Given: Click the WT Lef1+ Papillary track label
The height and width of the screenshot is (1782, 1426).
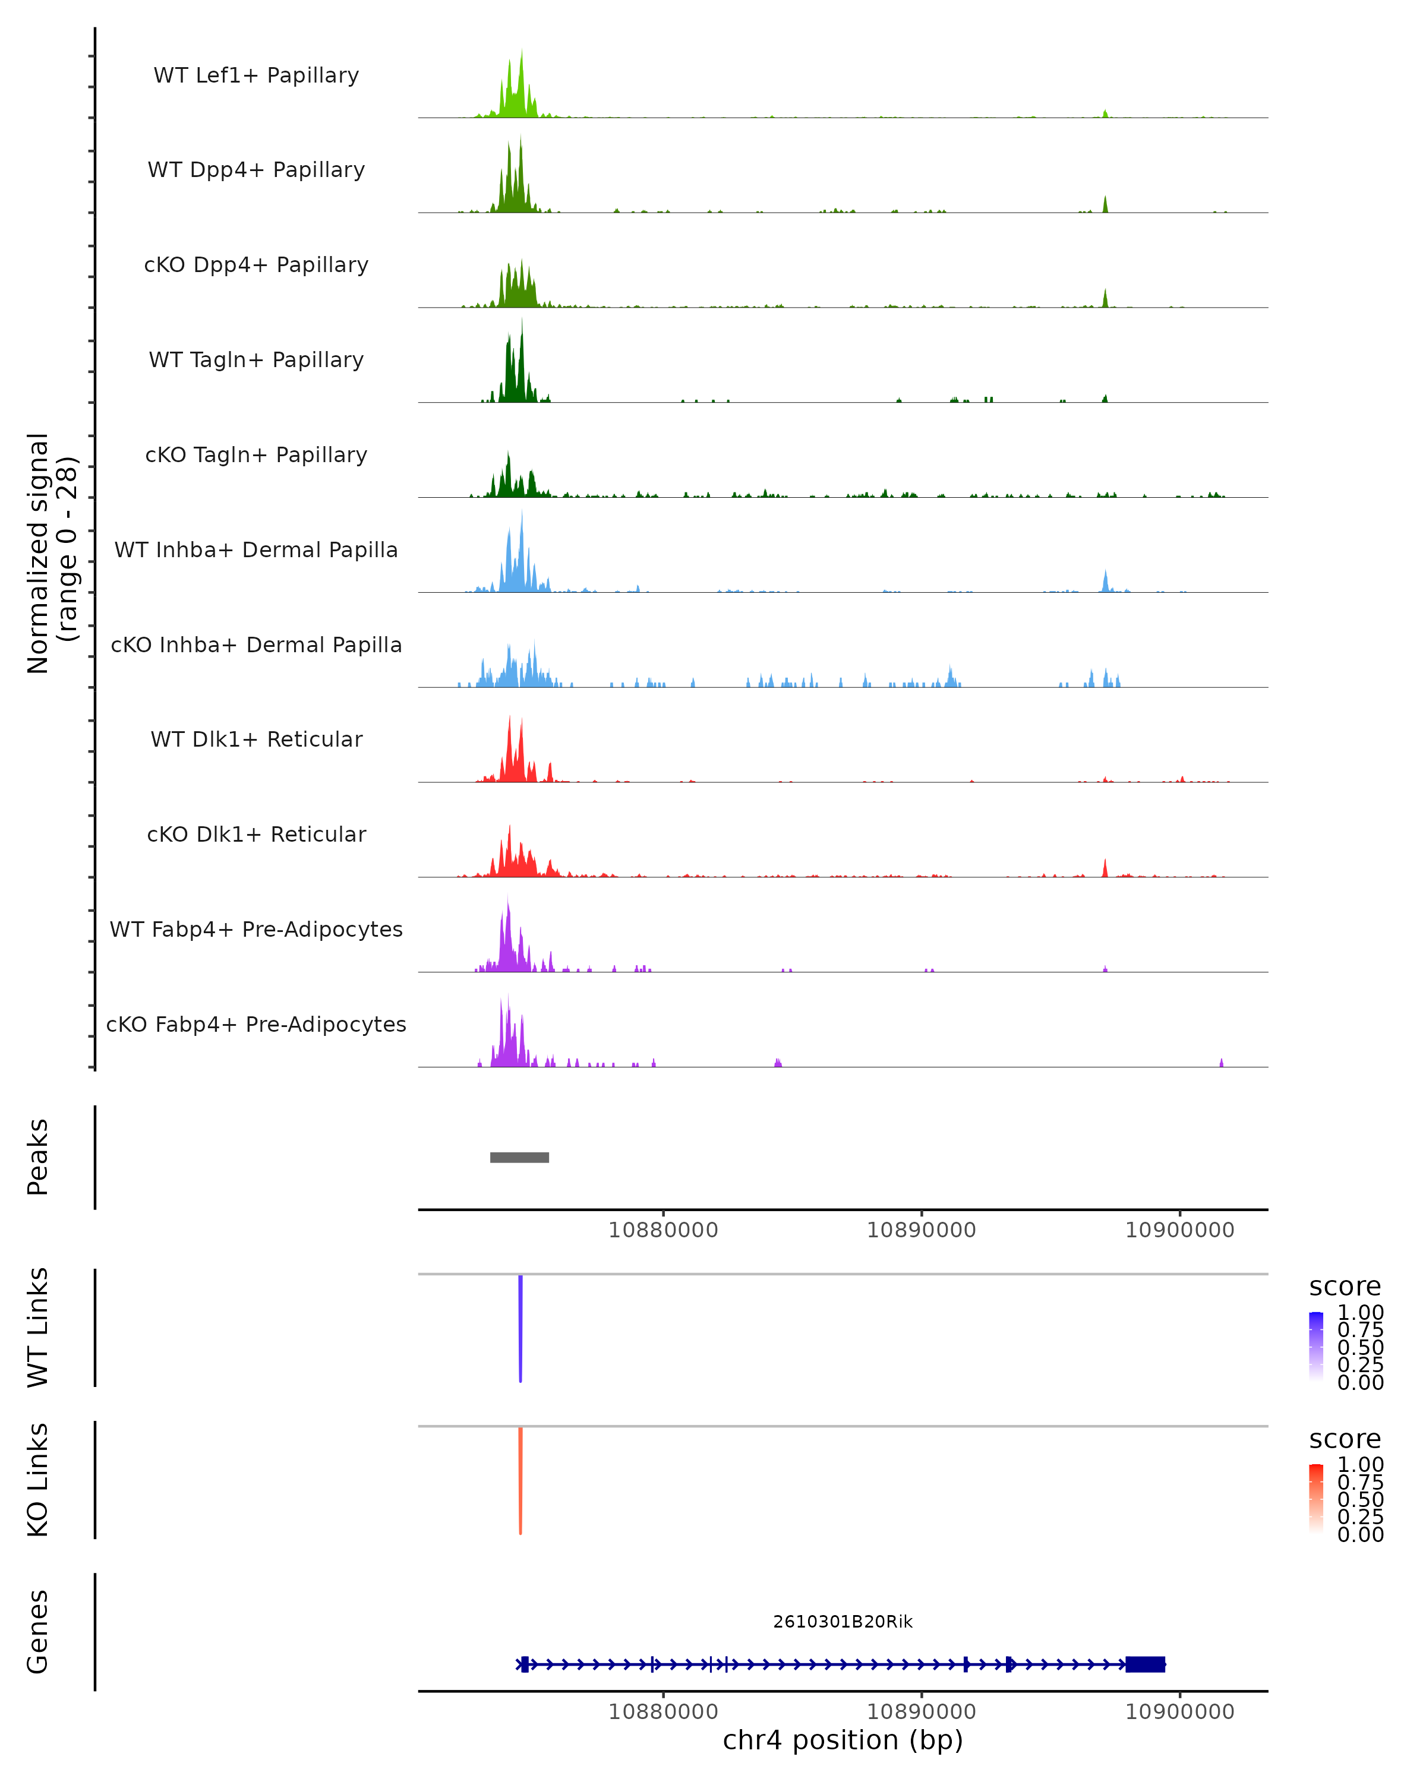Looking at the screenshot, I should pyautogui.click(x=256, y=75).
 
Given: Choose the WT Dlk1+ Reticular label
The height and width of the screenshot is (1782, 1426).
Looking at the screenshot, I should pyautogui.click(x=256, y=739).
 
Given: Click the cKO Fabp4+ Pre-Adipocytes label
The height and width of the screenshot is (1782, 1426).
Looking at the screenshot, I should pyautogui.click(x=256, y=1024).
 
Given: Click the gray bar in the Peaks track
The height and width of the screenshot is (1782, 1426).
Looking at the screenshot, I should pyautogui.click(x=519, y=1157).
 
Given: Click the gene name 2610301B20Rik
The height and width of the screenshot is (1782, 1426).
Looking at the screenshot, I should pyautogui.click(x=843, y=1622).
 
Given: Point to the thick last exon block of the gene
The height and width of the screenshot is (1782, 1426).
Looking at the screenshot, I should pyautogui.click(x=1145, y=1664).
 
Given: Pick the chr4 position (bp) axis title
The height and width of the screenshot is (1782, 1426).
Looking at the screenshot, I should pyautogui.click(x=843, y=1740).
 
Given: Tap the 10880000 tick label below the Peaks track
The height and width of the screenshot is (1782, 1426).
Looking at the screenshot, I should pyautogui.click(x=663, y=1230).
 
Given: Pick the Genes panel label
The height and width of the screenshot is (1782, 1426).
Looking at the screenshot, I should pyautogui.click(x=38, y=1632).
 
